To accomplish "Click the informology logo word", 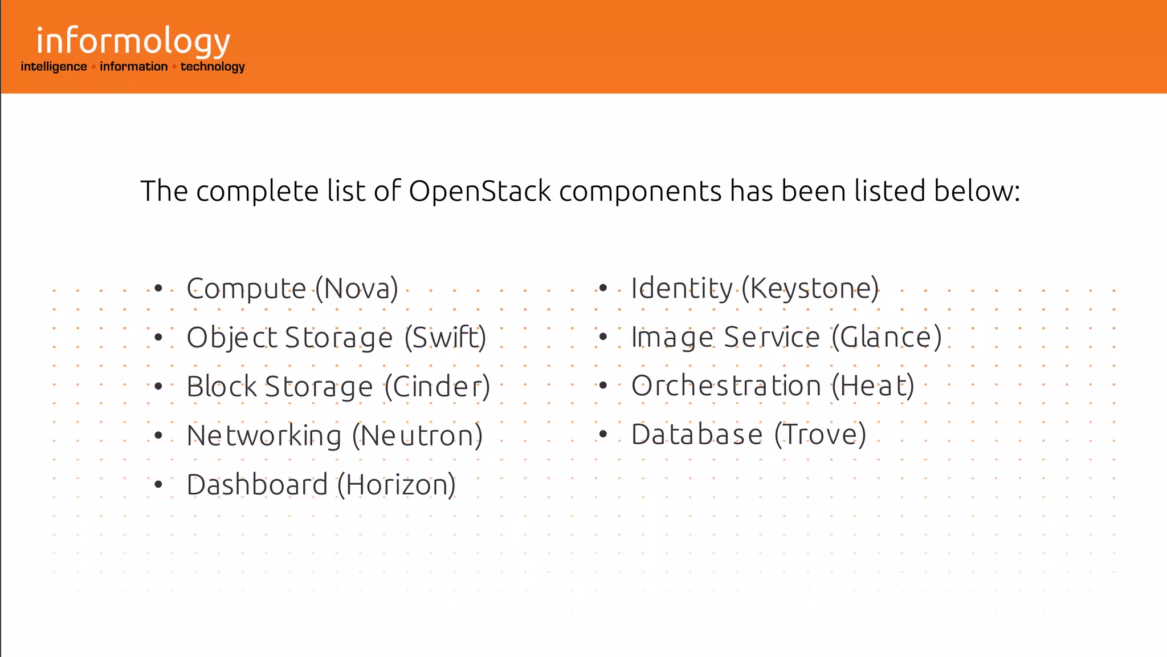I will [133, 42].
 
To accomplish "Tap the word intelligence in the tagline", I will [54, 67].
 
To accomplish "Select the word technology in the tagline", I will [213, 67].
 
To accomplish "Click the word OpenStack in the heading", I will [480, 191].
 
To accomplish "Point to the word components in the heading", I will [640, 191].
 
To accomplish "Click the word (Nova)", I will [357, 289].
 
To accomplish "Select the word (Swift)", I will [445, 338].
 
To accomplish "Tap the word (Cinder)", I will [437, 387].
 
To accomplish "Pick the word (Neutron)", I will [417, 436].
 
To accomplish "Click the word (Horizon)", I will [397, 485].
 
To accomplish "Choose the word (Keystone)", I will [810, 289].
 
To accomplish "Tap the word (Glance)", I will [886, 337].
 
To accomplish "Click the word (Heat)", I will [872, 386].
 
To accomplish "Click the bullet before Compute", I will [158, 289].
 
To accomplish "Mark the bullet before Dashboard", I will [158, 485].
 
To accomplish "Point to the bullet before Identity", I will [603, 288].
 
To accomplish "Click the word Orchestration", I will [726, 386].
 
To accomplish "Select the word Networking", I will [264, 436].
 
